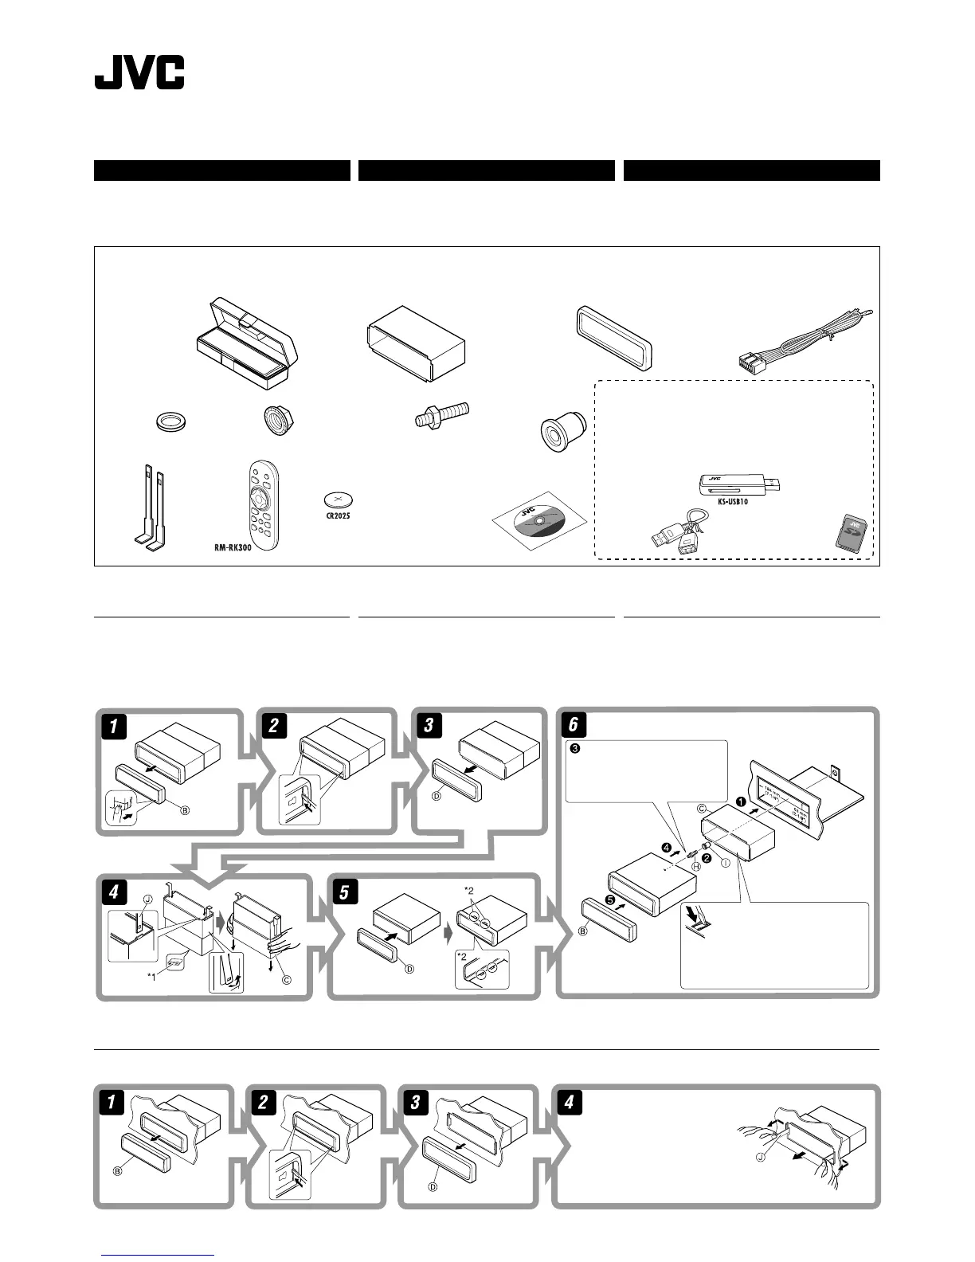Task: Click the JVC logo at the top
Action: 139,73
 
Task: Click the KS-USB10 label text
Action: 732,502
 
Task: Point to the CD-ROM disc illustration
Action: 538,523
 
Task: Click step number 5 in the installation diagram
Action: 344,892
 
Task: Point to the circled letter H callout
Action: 695,866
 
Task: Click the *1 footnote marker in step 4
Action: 151,974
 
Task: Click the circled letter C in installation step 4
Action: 286,981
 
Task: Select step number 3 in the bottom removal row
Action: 415,1103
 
